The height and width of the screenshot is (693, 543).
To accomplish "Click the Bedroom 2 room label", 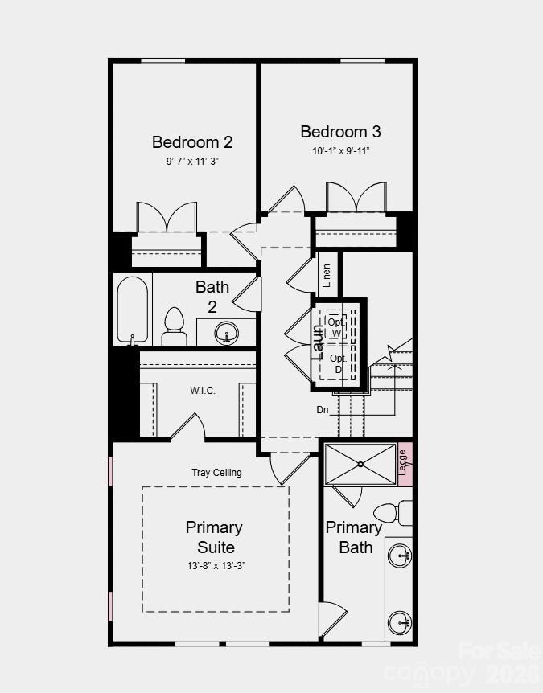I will [x=192, y=142].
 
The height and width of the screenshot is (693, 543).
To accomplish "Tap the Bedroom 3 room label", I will [x=340, y=132].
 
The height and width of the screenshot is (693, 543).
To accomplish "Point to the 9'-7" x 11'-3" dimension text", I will [x=192, y=161].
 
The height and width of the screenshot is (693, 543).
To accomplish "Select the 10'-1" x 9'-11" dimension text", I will [x=341, y=150].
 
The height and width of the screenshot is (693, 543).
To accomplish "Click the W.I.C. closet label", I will [x=203, y=391].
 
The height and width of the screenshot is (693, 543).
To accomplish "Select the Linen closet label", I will [x=327, y=276].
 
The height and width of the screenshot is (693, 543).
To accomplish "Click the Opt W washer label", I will [x=335, y=327].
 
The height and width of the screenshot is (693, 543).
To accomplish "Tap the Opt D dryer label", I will [x=338, y=363].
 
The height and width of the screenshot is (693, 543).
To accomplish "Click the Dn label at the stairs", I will [x=322, y=410].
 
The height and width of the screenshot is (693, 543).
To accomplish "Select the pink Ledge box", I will [x=405, y=465].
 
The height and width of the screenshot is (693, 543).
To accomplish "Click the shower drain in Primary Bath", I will [x=361, y=464].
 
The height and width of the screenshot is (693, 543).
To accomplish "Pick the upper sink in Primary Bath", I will [x=399, y=555].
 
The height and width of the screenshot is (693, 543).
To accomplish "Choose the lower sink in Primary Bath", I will [x=399, y=621].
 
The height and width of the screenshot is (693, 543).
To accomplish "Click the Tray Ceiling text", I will [x=216, y=473].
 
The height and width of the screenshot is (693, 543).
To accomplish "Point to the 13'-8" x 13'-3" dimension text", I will [x=214, y=565].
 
